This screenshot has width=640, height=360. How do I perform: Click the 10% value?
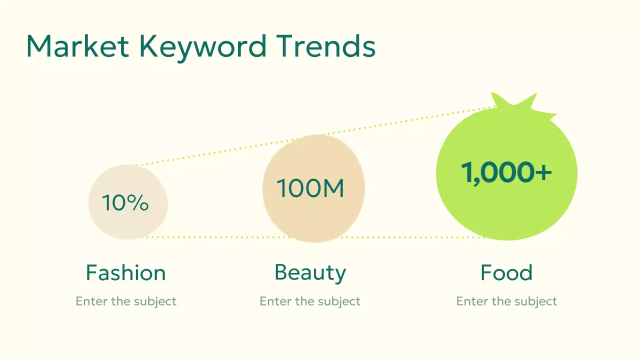125,203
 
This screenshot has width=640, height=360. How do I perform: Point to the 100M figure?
310,188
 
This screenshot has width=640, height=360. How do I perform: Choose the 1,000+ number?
506,172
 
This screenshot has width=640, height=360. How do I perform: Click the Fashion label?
125,273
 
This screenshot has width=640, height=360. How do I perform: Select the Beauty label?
310,273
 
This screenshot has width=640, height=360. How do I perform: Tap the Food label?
506,273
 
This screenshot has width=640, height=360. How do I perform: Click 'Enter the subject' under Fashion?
126,301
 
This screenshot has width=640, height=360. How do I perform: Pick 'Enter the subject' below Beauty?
310,301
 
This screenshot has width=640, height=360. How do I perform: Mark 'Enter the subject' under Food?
506,301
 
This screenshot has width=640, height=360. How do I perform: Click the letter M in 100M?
334,188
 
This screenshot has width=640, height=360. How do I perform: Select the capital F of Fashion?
91,273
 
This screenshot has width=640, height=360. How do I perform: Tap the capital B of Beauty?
281,273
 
